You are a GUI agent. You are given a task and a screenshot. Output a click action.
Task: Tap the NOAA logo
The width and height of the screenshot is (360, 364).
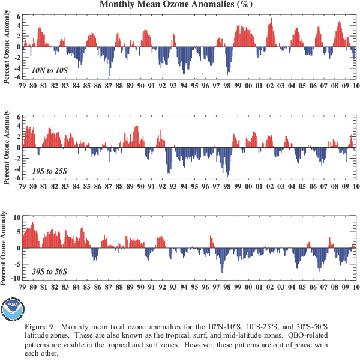pos(13,309)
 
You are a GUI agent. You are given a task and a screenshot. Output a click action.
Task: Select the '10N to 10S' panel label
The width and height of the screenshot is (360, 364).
pos(50,70)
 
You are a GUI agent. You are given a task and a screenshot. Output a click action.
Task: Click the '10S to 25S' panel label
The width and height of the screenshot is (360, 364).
pos(50,171)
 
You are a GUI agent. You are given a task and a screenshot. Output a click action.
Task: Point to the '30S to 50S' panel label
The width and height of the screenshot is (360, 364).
pos(50,271)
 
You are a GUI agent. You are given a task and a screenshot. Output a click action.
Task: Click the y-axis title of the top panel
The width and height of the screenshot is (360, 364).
pos(6,47)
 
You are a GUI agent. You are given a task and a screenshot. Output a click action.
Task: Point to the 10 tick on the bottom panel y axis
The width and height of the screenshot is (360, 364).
pos(17,217)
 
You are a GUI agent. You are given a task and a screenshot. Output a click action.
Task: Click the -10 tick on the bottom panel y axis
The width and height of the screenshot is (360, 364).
pos(16,278)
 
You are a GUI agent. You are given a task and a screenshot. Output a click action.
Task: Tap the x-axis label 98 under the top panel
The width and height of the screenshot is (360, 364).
pos(227,86)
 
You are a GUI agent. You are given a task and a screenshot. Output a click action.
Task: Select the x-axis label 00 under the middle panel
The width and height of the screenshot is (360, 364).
pos(248,187)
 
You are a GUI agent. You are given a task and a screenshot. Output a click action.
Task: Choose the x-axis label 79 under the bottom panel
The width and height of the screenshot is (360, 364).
pos(22,287)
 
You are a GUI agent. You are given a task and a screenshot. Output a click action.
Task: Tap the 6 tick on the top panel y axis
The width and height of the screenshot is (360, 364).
pos(19,16)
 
